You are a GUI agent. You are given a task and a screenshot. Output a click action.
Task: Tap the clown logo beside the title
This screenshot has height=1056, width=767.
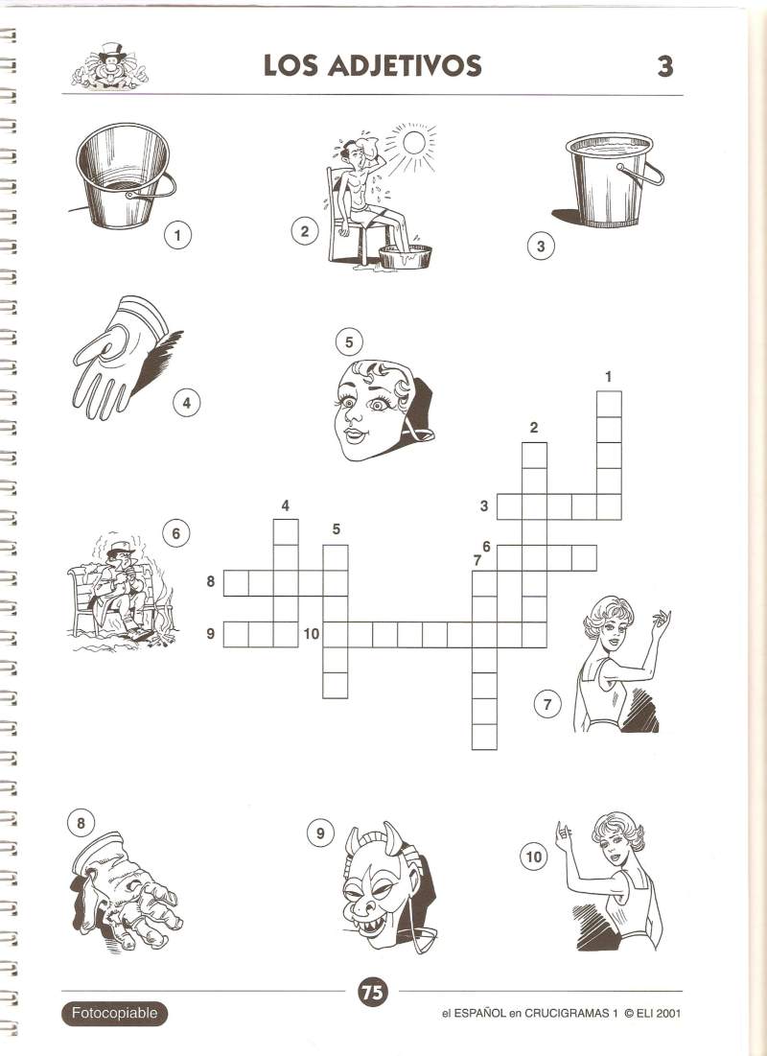109,66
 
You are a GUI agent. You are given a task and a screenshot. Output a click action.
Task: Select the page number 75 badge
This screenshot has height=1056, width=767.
372,992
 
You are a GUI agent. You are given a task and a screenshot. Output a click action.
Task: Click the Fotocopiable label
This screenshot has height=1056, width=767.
114,1013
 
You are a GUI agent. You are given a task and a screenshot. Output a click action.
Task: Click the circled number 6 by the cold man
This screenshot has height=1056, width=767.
175,534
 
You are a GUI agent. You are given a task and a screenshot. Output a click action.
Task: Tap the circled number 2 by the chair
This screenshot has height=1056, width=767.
304,232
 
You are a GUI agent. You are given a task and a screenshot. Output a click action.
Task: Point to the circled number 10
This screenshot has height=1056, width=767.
533,857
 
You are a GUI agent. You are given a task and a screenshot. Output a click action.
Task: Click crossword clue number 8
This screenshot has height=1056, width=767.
211,580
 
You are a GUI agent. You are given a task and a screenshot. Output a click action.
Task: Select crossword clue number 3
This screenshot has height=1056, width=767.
483,505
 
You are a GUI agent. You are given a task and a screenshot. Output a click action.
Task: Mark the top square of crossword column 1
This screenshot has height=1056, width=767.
610,404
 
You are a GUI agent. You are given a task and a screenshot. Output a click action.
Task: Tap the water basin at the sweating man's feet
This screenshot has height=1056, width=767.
404,257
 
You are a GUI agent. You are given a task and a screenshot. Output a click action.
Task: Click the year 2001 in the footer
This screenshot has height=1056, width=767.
668,1013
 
